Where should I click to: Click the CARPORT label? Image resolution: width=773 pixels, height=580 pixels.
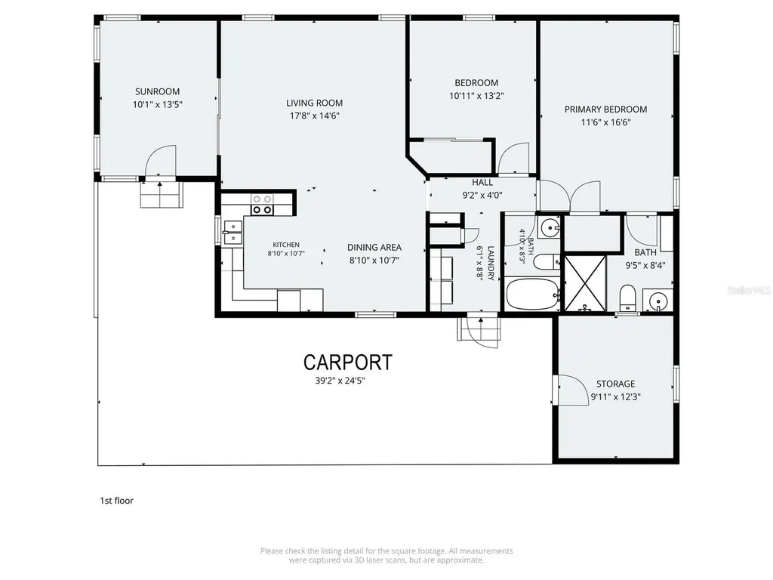[x=347, y=362]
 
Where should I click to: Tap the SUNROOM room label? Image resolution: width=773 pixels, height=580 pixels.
[x=157, y=91]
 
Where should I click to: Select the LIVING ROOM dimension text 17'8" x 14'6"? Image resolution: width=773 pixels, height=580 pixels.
[x=315, y=116]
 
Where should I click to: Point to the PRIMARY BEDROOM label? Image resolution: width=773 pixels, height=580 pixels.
[x=605, y=110]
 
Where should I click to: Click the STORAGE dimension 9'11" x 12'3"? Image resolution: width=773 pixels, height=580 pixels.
[x=615, y=396]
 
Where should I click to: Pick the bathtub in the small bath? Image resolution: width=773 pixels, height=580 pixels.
[x=533, y=295]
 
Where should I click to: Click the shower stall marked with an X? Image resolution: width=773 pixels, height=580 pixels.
[x=585, y=283]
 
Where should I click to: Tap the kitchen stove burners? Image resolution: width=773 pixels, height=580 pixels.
[x=262, y=204]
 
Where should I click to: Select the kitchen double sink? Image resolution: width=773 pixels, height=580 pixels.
[x=233, y=233]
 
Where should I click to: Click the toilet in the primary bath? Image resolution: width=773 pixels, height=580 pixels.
[x=627, y=298]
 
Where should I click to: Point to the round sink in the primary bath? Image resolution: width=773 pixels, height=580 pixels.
[x=658, y=300]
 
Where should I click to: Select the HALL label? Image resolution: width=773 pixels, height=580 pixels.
[x=482, y=183]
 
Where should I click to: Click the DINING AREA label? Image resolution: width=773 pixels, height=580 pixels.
[x=374, y=247]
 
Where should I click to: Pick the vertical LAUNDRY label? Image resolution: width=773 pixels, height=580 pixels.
[x=491, y=263]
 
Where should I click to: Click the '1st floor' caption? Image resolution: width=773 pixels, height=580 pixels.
[x=117, y=501]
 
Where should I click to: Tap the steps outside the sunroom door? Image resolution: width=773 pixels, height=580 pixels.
[x=162, y=195]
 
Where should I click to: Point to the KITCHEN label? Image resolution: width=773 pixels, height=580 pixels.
[x=286, y=245]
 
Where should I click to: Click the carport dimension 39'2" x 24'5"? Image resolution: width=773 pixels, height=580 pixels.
[x=340, y=381]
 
